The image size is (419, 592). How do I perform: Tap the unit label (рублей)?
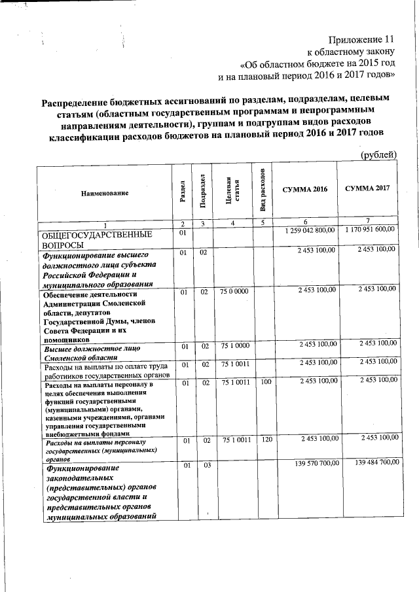pos(379,154)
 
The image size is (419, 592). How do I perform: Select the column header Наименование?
pos(104,193)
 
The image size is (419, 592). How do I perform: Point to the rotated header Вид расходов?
pos(262,190)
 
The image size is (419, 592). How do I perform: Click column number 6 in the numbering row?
pos(304,224)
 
